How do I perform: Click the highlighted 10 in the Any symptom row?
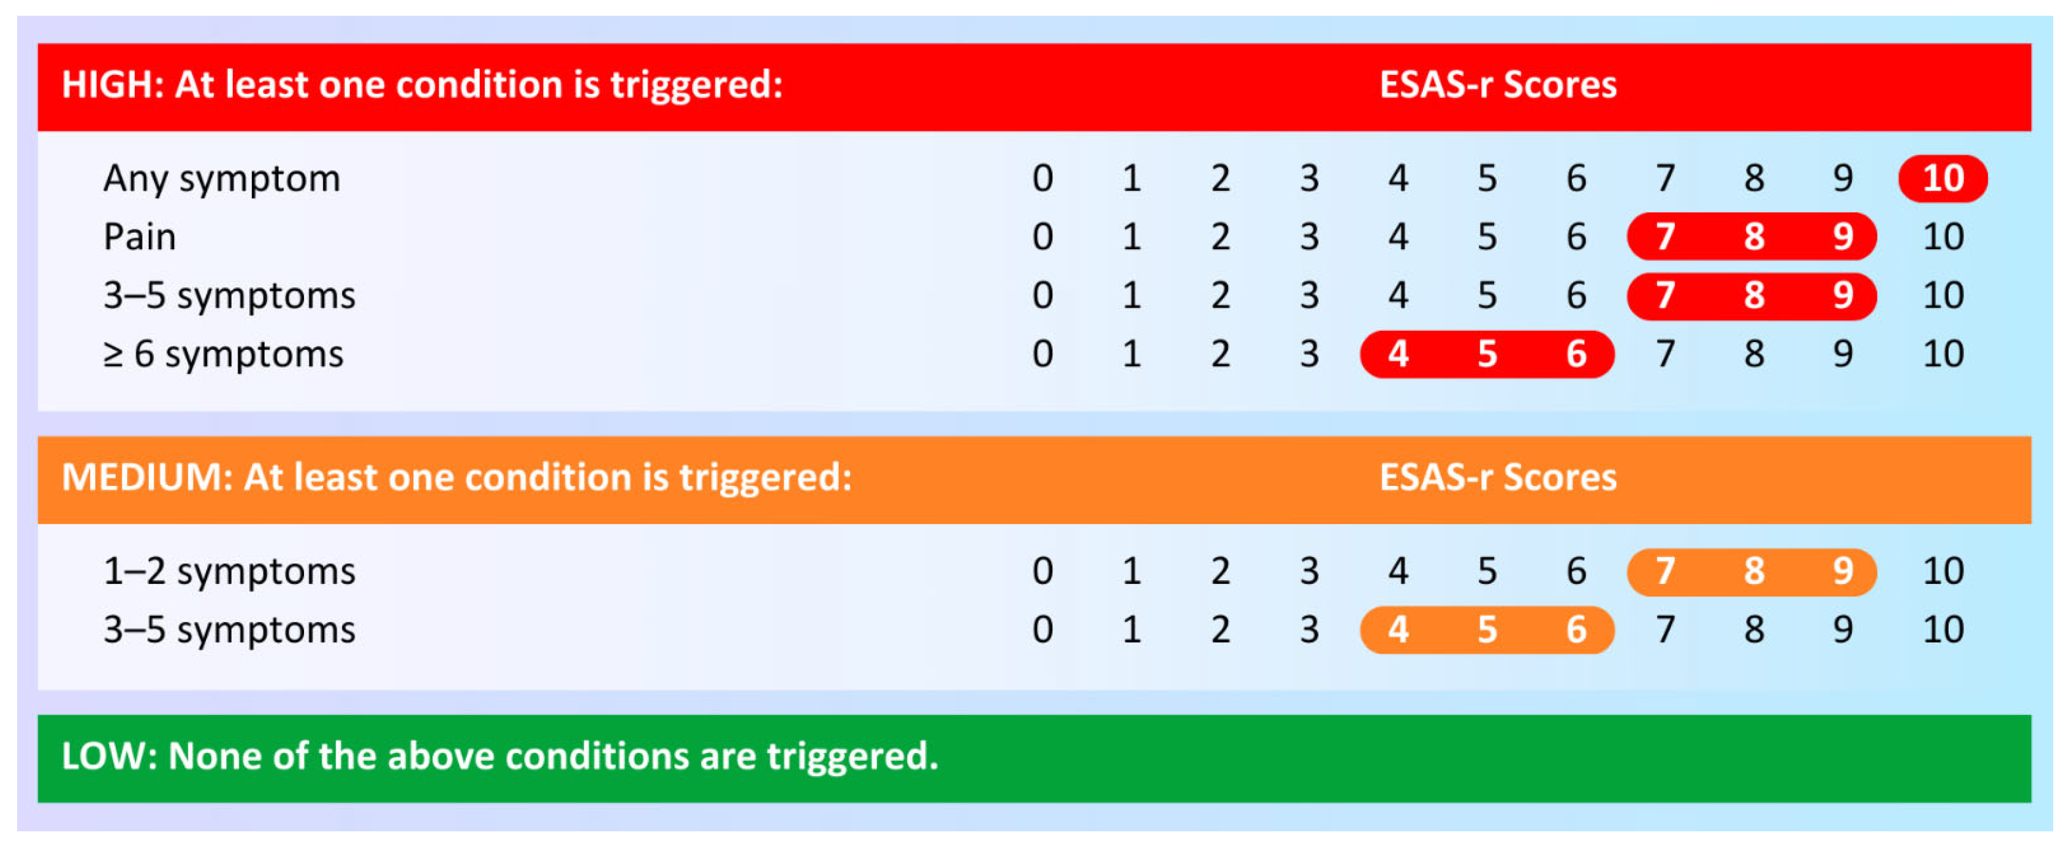tap(1942, 178)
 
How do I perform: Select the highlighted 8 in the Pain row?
tap(1753, 236)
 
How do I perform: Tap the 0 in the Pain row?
tap(1043, 236)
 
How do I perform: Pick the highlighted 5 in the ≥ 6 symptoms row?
tap(1487, 354)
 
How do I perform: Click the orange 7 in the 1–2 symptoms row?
tap(1664, 571)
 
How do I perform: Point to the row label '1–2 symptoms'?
tap(229, 572)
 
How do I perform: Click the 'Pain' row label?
tap(139, 236)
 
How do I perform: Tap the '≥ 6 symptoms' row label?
tap(224, 354)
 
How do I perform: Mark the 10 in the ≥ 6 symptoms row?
tap(1942, 354)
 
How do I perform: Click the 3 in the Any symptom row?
tap(1309, 178)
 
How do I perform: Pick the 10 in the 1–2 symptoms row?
tap(1942, 571)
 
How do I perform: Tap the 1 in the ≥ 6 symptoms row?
tap(1131, 354)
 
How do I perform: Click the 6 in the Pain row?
tap(1576, 236)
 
